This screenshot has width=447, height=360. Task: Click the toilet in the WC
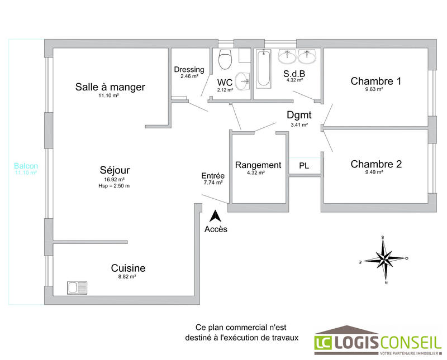(226, 58)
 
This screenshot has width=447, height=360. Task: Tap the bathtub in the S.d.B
(263, 70)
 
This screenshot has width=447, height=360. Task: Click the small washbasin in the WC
(243, 81)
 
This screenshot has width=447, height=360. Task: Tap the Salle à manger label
(110, 87)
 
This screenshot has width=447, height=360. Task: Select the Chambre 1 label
(375, 81)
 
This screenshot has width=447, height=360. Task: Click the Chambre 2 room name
(375, 164)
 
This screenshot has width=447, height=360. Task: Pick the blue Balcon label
(26, 166)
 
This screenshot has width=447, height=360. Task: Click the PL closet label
(304, 166)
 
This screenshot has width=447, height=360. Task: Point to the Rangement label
(258, 165)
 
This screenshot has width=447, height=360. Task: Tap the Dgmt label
(299, 115)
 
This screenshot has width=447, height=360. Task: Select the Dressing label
(189, 69)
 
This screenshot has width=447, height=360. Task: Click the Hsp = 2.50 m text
(113, 186)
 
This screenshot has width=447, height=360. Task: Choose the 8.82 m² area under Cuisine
(128, 277)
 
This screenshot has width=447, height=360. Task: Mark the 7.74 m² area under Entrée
(213, 183)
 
